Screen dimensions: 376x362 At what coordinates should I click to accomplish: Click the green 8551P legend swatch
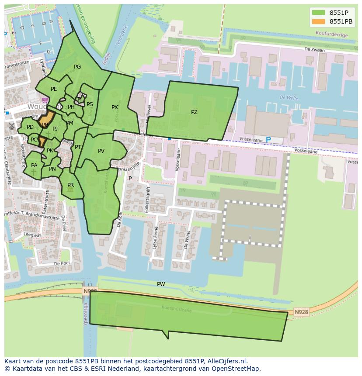point(319,13)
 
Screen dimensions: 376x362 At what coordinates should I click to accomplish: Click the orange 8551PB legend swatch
point(319,21)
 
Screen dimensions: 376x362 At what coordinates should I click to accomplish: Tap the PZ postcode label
point(194,112)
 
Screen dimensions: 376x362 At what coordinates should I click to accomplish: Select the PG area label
point(77,67)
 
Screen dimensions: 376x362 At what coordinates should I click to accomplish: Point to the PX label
point(115,107)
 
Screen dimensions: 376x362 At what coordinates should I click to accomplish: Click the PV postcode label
point(101,151)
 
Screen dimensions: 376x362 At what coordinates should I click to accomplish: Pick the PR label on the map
point(70,185)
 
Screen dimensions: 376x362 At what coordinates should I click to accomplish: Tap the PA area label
point(34,166)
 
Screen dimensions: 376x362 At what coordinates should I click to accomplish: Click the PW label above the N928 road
point(161,284)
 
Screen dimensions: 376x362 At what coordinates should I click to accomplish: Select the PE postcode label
point(54,89)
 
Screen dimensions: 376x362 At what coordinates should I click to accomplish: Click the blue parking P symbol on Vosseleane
point(268,140)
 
